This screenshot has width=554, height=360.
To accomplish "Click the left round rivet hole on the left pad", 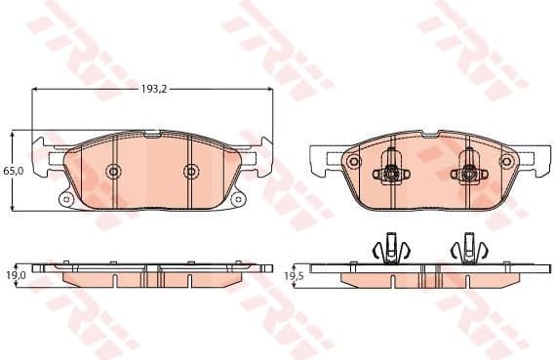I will click(x=114, y=173).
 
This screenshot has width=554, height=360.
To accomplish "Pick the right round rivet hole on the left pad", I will click(x=191, y=172).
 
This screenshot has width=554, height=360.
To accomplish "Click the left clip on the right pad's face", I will click(x=390, y=173).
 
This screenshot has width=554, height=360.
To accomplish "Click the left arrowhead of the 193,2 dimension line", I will click(x=36, y=89).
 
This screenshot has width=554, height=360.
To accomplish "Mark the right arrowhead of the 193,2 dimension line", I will click(x=270, y=89).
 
